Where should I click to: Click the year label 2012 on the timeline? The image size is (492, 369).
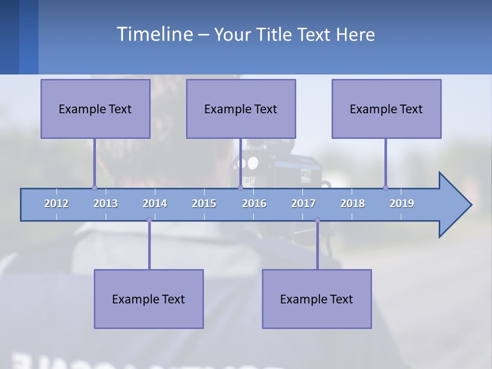(56, 203)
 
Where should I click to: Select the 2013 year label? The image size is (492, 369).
(106, 203)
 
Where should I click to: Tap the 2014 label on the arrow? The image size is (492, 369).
(155, 203)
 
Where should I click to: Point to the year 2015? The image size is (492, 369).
(204, 203)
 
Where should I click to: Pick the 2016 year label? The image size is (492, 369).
(254, 203)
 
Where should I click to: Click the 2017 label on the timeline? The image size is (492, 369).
(303, 203)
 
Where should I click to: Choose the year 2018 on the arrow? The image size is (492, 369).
(353, 203)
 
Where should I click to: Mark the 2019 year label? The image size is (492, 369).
(402, 203)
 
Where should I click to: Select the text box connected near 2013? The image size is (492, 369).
(95, 109)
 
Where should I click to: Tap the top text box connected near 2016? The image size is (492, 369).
(241, 109)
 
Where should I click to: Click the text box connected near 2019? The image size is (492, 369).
(386, 109)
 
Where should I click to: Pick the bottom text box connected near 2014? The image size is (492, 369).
(149, 299)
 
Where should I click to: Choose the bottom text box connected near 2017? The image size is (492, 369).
(317, 299)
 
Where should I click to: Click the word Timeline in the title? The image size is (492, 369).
(154, 34)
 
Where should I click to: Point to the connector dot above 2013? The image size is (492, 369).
(94, 188)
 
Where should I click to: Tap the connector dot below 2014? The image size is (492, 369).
(149, 220)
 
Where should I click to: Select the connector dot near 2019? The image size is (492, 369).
(385, 188)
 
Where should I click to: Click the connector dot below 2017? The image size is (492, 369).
(317, 220)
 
